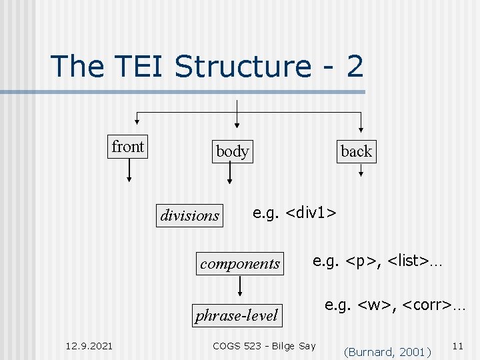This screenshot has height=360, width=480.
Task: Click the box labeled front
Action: pos(127,147)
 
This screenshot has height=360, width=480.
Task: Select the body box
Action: pos(232,151)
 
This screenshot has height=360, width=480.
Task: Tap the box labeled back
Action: pos(356,151)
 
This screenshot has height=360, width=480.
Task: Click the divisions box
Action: pos(190,215)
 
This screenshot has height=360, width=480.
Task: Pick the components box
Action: pos(240,263)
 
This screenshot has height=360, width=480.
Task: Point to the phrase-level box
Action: pos(237,315)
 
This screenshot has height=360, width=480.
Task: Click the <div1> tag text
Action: pos(311,212)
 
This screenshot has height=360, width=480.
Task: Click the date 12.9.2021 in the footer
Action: pos(89,345)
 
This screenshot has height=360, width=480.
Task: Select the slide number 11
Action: pos(457,345)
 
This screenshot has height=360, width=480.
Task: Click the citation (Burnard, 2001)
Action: pos(387,351)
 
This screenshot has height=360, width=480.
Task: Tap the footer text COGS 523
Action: pos(241,345)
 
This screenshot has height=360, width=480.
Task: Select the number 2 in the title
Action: pos(353,67)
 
